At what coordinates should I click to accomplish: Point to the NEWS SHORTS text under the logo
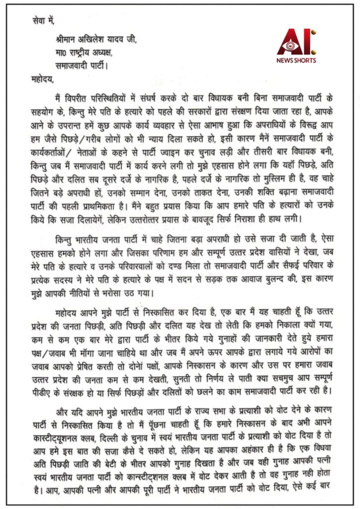pyautogui.click(x=296, y=61)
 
